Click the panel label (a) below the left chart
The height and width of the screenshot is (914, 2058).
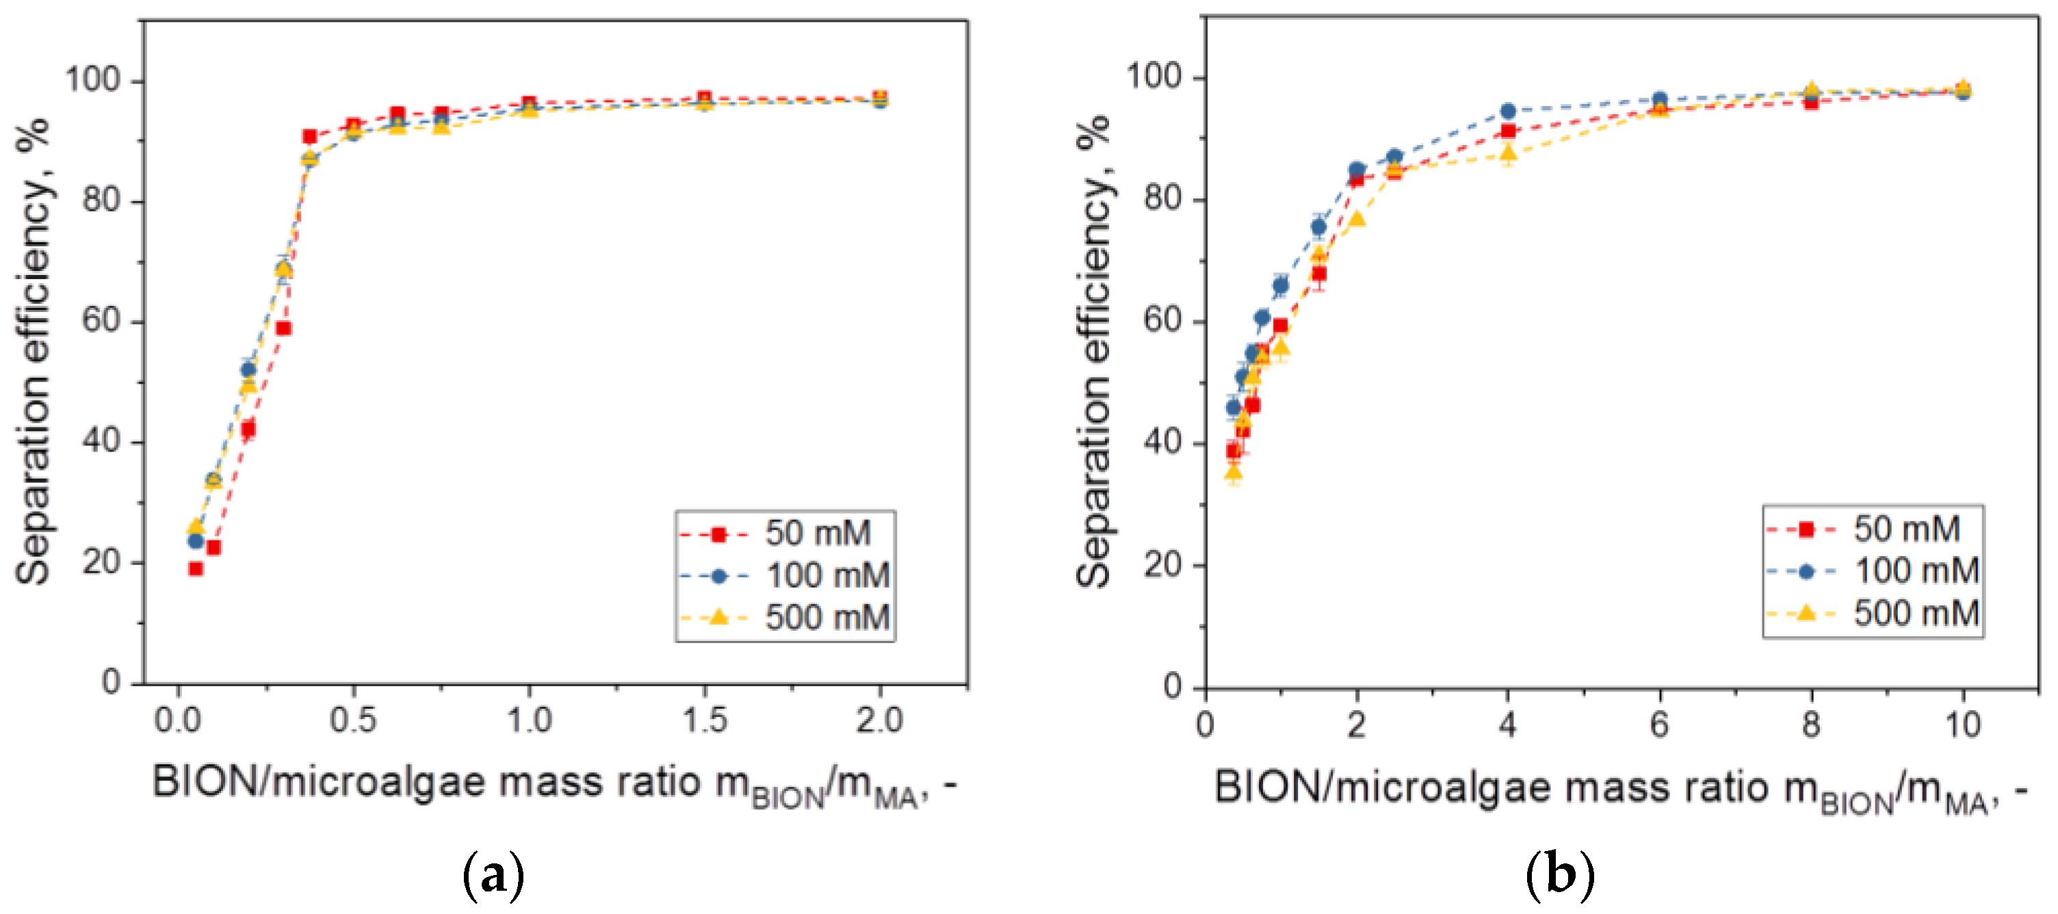493,875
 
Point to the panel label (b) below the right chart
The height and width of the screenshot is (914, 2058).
1559,875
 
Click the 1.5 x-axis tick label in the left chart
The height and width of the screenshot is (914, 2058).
704,720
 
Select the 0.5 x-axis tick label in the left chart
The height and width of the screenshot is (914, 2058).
353,720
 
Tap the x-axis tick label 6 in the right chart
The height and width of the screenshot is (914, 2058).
1659,724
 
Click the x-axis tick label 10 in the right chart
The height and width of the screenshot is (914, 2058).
1963,724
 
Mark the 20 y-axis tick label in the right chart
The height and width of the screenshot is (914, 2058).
1163,565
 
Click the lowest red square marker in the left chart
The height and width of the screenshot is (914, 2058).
196,569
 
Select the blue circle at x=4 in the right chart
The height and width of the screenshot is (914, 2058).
1507,111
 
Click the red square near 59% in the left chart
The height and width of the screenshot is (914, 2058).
283,328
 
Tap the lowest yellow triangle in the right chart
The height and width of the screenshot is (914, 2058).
1234,473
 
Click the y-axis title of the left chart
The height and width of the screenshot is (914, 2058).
34,352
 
